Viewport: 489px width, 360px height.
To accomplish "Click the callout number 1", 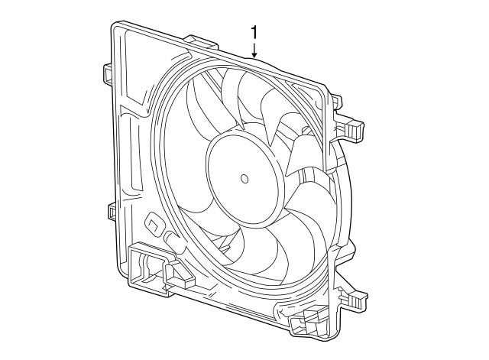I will coord(254,33).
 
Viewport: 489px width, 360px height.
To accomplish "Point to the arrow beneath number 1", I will coord(254,50).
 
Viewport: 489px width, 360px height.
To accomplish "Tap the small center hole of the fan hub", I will coord(244,180).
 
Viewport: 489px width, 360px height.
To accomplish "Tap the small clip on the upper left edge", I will coord(107,72).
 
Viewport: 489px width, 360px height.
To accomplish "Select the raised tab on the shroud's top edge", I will coord(200,39).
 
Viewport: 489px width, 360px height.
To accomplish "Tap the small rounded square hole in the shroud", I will coord(154,225).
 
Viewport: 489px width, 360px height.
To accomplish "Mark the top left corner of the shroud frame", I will coord(115,27).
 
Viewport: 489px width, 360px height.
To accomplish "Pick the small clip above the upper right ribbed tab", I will coord(335,99).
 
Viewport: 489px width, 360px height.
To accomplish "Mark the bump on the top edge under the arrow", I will coord(254,58).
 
